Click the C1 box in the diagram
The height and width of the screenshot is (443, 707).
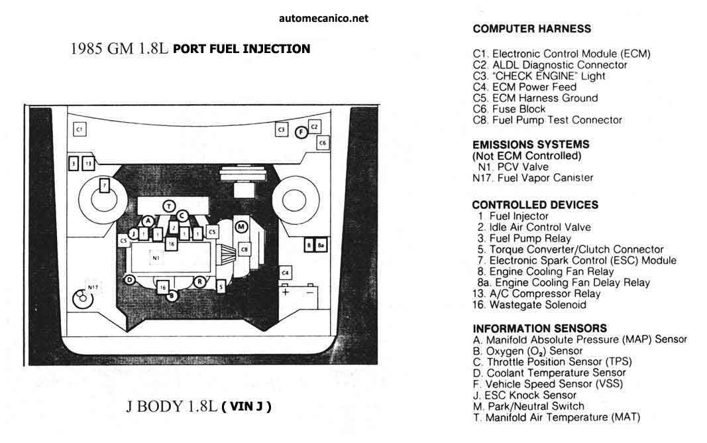pos(79,129)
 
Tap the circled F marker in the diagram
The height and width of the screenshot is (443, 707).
pos(300,132)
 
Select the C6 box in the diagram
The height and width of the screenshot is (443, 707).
pos(323,142)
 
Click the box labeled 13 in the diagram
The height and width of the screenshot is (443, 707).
pos(88,162)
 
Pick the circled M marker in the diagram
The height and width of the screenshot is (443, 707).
pos(242,227)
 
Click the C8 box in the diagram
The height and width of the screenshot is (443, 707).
pos(244,249)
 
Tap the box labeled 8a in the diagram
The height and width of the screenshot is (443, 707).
pos(321,245)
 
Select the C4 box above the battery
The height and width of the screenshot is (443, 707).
pos(285,273)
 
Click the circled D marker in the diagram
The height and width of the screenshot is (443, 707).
pos(130,280)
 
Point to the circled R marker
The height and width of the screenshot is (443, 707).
pos(199,281)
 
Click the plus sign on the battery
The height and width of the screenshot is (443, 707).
pos(286,292)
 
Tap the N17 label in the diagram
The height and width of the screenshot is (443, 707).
pos(93,287)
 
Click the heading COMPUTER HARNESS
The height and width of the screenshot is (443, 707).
pos(531,29)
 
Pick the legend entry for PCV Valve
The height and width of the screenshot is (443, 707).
pos(510,167)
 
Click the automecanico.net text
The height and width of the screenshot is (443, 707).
pos(323,19)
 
